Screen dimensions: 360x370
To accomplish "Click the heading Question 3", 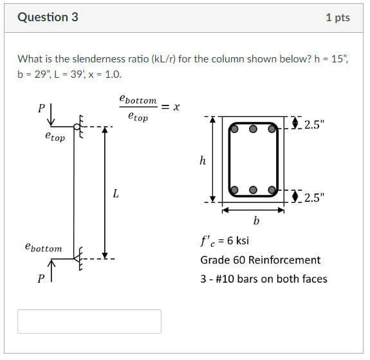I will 48,17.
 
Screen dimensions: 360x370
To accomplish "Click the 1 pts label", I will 338,17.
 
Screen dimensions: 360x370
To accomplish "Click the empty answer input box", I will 89,321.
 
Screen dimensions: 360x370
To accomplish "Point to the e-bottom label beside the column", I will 43,248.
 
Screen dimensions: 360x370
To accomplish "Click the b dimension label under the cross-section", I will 256,221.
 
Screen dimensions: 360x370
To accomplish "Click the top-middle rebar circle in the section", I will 254,128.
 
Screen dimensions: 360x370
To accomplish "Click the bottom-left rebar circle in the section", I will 235,190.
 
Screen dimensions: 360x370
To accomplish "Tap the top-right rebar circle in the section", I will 272,128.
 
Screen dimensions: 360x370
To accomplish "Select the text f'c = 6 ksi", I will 225,241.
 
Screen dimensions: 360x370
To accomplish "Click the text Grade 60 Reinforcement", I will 260,260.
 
